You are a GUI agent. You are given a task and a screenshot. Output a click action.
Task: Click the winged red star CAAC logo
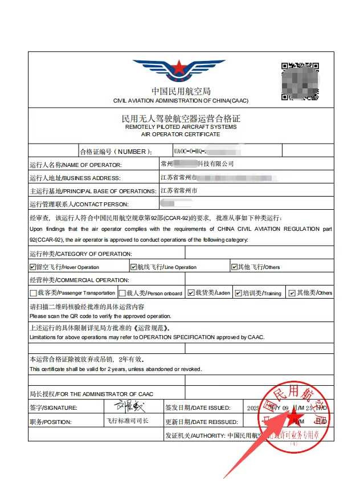(x=179, y=71)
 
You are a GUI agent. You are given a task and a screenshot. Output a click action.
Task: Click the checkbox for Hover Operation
(x=32, y=267)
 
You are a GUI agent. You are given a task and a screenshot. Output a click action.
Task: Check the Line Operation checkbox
(x=133, y=267)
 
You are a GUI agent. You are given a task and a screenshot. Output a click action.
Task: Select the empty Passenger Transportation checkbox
(x=33, y=293)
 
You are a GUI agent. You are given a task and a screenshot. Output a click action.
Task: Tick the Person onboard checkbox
(x=122, y=293)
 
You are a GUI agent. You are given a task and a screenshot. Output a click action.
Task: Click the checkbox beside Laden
(x=191, y=293)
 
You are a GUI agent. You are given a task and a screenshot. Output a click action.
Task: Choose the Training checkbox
(x=238, y=293)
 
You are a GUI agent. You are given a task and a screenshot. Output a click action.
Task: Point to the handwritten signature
(x=129, y=407)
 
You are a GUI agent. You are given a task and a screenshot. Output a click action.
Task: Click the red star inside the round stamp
(x=295, y=418)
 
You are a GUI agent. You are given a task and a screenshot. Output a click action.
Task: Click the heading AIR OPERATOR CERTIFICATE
(x=181, y=134)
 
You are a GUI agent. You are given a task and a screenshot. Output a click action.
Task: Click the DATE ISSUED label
(x=206, y=408)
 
